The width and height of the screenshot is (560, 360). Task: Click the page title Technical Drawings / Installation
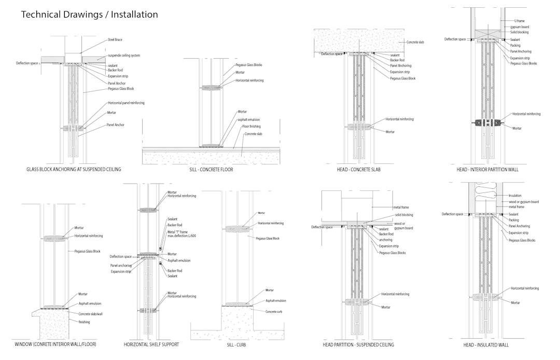click(x=89, y=15)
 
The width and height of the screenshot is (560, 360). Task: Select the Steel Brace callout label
click(x=115, y=40)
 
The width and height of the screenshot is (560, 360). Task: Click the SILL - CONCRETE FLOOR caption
click(x=211, y=170)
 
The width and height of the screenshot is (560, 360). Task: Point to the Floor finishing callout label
click(x=251, y=127)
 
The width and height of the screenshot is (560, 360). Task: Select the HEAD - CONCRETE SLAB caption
click(x=358, y=170)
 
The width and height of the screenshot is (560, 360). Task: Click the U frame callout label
click(x=519, y=21)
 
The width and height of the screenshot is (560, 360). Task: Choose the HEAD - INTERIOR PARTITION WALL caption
click(x=487, y=170)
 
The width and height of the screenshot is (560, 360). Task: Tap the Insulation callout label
click(x=515, y=196)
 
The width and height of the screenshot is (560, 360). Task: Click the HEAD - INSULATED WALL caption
click(x=486, y=344)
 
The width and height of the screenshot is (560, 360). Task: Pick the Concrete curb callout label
click(x=274, y=311)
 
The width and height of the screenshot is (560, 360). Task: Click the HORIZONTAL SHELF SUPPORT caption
click(x=151, y=344)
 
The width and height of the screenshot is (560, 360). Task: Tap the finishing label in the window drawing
click(x=84, y=322)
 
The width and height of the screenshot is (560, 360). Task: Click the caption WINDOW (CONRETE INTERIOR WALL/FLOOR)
click(x=55, y=344)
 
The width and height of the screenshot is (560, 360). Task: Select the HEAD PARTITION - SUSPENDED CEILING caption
click(x=358, y=344)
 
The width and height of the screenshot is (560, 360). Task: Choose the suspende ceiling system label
click(x=124, y=56)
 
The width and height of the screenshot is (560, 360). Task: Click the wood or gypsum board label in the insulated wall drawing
click(x=524, y=202)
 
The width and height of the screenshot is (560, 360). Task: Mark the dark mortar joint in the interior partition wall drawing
click(x=488, y=122)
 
